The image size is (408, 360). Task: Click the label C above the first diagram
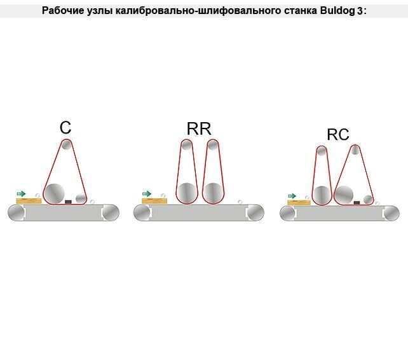tap(65, 128)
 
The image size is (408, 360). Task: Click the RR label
tap(199, 129)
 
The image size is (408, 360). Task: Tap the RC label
tap(337, 134)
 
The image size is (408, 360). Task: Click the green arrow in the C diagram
tap(22, 193)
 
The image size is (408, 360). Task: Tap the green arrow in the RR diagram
tap(147, 193)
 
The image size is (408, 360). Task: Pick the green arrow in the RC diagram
tap(292, 196)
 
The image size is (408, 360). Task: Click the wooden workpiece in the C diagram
tap(29, 200)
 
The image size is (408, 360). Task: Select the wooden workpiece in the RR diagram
tap(154, 200)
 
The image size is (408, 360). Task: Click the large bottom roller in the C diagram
tap(55, 193)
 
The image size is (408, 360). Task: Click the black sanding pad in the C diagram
tap(69, 202)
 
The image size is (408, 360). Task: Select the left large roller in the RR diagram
tap(187, 192)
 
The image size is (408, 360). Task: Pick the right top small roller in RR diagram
tap(212, 146)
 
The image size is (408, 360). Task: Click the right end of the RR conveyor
tap(255, 212)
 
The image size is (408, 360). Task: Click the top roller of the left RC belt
tap(322, 151)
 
